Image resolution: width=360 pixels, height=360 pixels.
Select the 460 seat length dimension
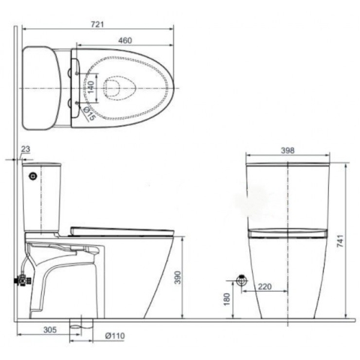click(125, 40)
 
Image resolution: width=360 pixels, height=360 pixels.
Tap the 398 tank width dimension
click(287, 151)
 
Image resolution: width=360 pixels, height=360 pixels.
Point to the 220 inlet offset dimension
click(264, 287)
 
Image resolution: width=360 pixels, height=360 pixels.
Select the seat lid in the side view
click(120, 230)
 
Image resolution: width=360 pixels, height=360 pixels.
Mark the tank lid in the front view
click(287, 164)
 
